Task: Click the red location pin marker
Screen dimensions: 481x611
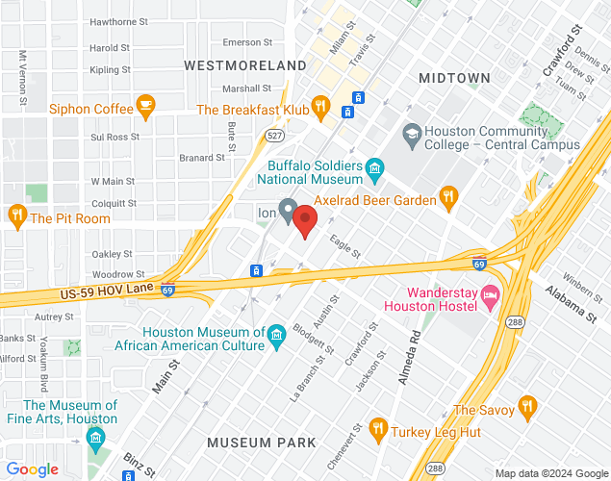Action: (305, 220)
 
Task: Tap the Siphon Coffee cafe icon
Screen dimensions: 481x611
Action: (145, 107)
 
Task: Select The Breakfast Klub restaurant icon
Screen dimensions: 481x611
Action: (321, 108)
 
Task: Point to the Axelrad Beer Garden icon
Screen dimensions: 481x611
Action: (447, 198)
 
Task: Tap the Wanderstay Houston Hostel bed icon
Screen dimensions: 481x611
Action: (490, 296)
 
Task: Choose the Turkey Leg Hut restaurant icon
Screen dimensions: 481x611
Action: (377, 430)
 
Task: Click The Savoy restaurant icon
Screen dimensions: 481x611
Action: (526, 409)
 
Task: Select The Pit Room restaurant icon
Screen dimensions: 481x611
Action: (16, 216)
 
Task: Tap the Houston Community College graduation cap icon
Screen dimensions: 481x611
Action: (412, 133)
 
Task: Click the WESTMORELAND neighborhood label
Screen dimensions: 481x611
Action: (243, 65)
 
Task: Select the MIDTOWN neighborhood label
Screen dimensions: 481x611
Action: (455, 77)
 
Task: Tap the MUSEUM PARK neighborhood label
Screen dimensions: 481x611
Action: (262, 443)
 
